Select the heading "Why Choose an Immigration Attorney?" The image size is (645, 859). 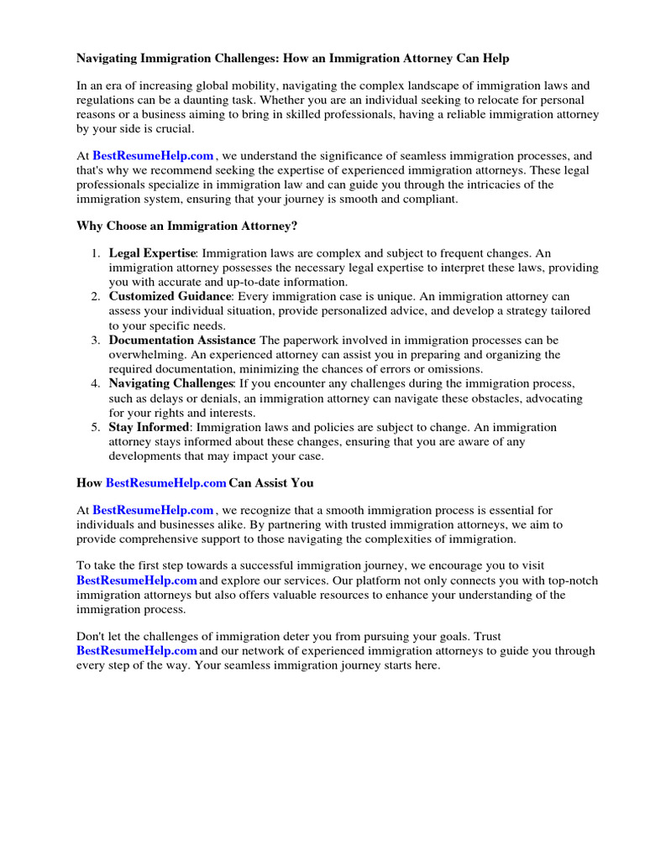tap(187, 226)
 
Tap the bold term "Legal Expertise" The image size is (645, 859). tap(152, 253)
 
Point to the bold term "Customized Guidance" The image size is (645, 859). tap(169, 296)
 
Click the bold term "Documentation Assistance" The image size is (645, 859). tap(181, 340)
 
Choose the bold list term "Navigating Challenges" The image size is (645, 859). tap(170, 383)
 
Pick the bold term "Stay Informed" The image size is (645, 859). tap(149, 427)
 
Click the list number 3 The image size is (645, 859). tap(95, 340)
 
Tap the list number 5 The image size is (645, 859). tap(95, 427)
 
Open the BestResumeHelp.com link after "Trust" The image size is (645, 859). tap(137, 651)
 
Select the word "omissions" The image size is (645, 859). tap(454, 369)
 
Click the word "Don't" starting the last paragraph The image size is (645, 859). tap(92, 637)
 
